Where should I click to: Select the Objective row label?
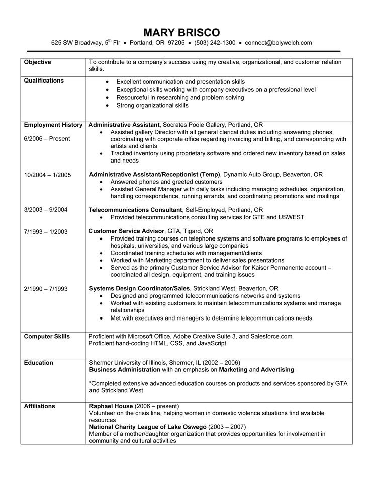coord(38,62)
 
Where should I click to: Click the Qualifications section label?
coord(44,81)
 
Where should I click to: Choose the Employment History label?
coord(52,124)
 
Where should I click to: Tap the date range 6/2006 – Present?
coord(47,138)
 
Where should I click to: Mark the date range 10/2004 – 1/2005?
coord(48,175)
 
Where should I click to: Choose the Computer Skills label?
coord(47,336)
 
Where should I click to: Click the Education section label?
coord(38,363)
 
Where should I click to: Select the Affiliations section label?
coord(40,406)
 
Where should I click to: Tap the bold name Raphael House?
coord(111,406)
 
